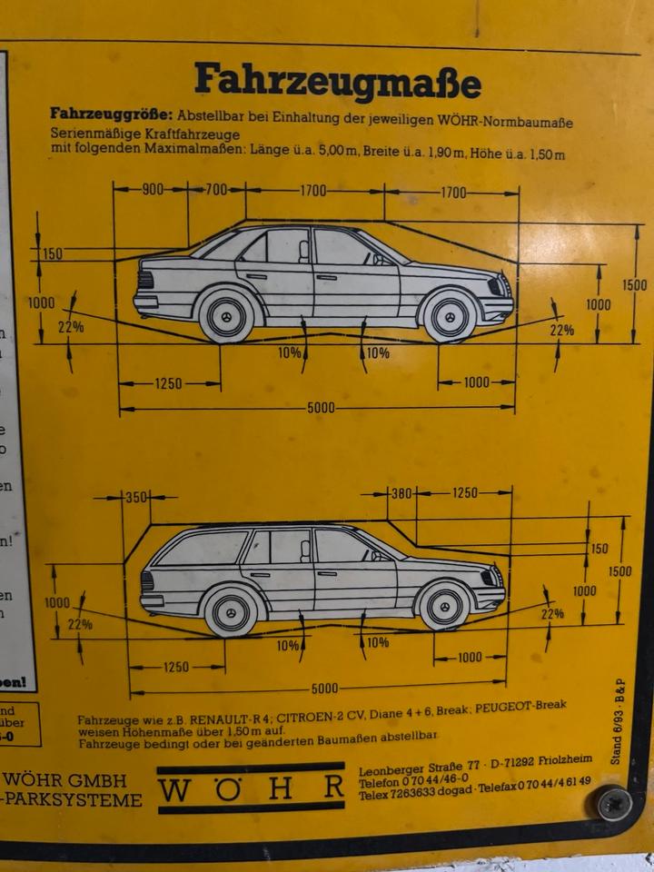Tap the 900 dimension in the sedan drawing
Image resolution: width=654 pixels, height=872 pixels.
[x=152, y=191]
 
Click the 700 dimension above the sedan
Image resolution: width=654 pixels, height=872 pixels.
[x=215, y=191]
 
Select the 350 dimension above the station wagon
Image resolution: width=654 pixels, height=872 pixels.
[x=136, y=498]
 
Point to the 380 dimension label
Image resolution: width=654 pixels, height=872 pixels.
[x=401, y=493]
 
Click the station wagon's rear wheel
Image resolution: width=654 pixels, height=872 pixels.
[x=231, y=611]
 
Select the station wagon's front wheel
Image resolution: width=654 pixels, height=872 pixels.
[x=444, y=606]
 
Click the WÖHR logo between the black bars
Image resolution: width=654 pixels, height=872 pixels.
[x=251, y=788]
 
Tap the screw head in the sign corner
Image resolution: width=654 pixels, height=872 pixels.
[x=615, y=803]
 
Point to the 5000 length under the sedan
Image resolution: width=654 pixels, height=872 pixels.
[x=320, y=409]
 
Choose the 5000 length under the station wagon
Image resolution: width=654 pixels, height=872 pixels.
[x=324, y=689]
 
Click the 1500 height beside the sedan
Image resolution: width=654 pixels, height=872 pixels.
[x=635, y=285]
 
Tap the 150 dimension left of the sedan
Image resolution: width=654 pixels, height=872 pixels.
[x=52, y=254]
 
